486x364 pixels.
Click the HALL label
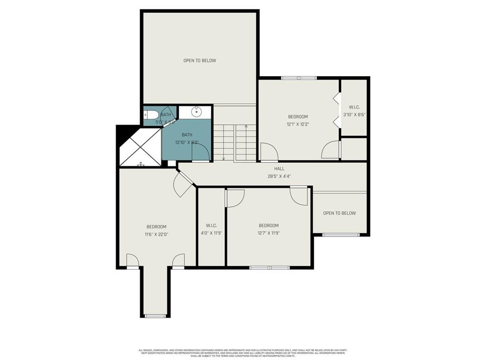point(279,168)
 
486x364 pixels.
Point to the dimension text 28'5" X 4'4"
point(279,176)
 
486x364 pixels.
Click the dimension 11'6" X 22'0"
point(156,234)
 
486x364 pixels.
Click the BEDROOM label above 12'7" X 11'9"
point(269,226)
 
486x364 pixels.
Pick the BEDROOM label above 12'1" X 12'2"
point(298,117)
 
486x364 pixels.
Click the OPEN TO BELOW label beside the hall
point(339,213)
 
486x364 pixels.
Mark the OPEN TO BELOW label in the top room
point(200,61)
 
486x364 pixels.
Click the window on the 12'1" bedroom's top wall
point(299,78)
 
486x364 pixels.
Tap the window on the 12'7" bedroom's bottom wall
point(270,268)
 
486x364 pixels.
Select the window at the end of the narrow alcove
point(155,316)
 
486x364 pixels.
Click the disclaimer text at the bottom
point(243,353)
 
